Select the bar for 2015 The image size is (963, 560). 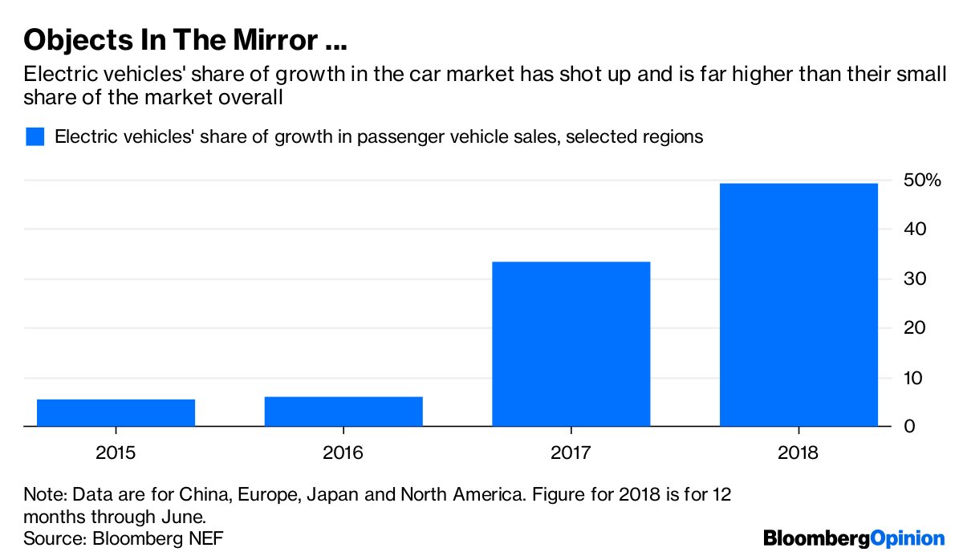click(x=116, y=412)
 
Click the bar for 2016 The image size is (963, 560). click(x=343, y=412)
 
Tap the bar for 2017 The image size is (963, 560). click(x=571, y=344)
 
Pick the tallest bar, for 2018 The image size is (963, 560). click(x=798, y=305)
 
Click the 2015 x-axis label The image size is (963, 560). click(x=116, y=452)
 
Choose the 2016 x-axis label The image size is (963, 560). click(x=343, y=452)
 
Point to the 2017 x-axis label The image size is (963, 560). click(x=571, y=452)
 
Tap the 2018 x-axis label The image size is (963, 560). click(x=798, y=452)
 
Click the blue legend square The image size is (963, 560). click(x=35, y=136)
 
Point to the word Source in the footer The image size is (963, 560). click(x=51, y=538)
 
